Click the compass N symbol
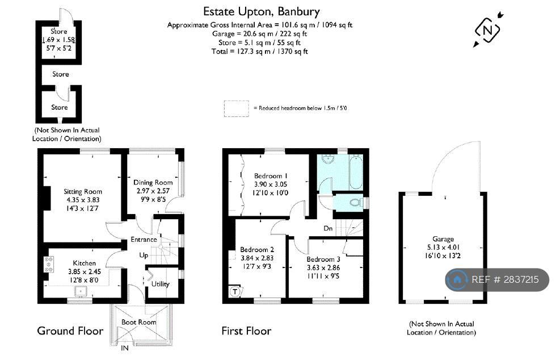tap(487, 30)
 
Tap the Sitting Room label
tap(83, 191)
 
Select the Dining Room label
tap(153, 182)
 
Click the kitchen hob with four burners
tap(49, 265)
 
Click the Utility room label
tap(160, 284)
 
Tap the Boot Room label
tap(138, 322)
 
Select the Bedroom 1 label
tap(271, 175)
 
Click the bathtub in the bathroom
tap(356, 172)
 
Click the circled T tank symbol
tap(235, 291)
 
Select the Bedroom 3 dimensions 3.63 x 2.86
tap(323, 267)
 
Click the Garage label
tap(443, 239)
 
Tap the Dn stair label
tap(328, 228)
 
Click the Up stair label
tap(144, 256)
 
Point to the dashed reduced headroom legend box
tap(237, 108)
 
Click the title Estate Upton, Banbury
tap(262, 12)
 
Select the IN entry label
tap(125, 348)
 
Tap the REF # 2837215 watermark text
tap(505, 280)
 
